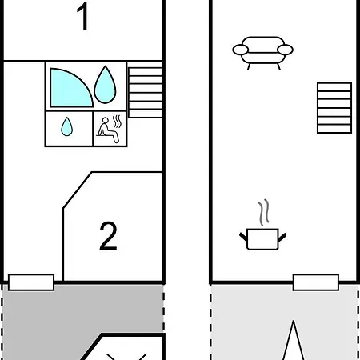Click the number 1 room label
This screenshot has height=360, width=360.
(x=83, y=17)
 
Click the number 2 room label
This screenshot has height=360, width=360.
(x=108, y=236)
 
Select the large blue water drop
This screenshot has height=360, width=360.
(x=105, y=85)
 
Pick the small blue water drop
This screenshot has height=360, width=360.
(x=66, y=126)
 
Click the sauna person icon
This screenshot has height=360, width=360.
(x=107, y=130)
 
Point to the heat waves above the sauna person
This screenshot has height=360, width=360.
(x=117, y=122)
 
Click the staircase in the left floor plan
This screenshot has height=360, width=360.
(x=145, y=93)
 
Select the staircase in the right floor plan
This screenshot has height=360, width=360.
(x=334, y=108)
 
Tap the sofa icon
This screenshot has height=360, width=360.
(x=262, y=53)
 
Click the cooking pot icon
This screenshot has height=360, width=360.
(x=262, y=239)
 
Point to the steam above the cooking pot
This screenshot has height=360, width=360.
(x=264, y=212)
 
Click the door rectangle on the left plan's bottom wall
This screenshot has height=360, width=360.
(x=31, y=282)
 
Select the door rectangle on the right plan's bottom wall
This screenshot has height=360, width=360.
(x=316, y=282)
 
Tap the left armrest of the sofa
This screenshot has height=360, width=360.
(x=241, y=50)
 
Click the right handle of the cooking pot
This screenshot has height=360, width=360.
(x=282, y=237)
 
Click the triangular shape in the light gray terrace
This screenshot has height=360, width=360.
(x=294, y=342)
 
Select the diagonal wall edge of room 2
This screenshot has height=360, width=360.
(x=78, y=190)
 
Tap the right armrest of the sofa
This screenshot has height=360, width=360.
(x=285, y=50)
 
